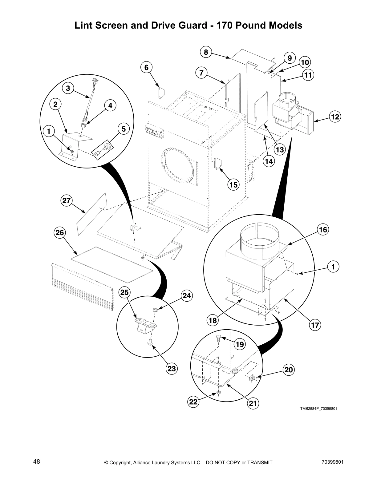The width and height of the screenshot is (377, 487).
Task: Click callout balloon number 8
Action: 206,52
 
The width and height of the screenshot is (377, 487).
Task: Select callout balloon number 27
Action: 66,201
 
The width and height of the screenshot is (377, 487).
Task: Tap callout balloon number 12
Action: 335,117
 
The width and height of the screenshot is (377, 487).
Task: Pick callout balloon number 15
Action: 233,184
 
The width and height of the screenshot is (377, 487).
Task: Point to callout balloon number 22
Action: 193,402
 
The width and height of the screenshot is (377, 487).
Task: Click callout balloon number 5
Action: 124,129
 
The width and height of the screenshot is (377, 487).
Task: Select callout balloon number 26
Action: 60,233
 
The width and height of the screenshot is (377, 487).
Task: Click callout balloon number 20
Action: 289,370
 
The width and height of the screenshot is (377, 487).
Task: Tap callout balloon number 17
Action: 315,325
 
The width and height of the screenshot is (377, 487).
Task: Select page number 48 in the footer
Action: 37,461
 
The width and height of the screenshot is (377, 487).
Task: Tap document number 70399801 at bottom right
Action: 331,462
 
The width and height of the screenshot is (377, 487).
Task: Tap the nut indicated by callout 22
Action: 218,392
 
